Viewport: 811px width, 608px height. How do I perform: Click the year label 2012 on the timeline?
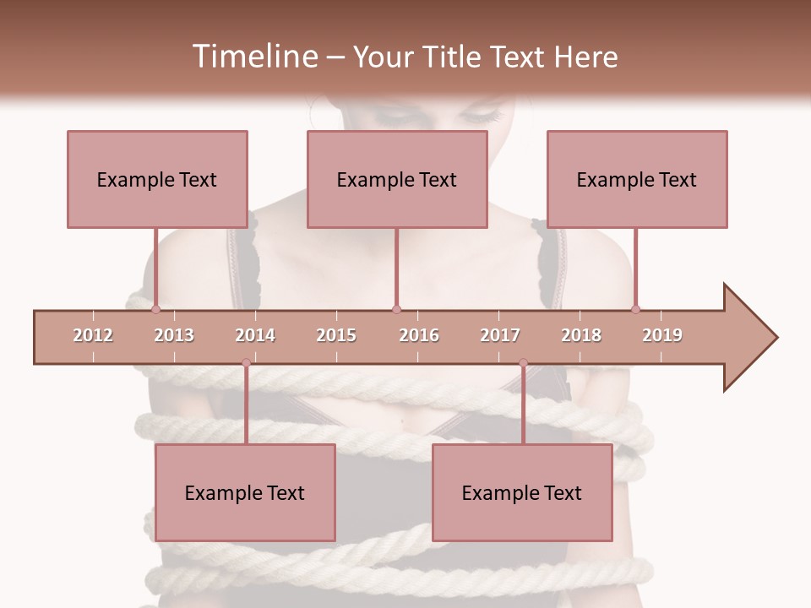click(93, 335)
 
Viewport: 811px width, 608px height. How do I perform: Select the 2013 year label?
click(174, 335)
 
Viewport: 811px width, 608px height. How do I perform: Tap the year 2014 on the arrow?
click(255, 335)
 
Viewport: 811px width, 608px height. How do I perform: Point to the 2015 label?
click(336, 335)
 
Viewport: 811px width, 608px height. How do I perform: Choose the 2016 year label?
click(419, 335)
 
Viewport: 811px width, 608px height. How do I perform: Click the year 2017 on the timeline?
click(500, 335)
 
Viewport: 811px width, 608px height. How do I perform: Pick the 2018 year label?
click(581, 335)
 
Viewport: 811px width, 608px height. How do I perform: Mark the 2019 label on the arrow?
click(662, 335)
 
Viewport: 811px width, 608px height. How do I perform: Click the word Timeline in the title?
click(253, 57)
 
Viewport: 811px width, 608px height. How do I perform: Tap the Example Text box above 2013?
click(157, 179)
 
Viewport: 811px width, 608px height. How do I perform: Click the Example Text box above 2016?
click(397, 179)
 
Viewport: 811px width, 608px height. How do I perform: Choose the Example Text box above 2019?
click(637, 179)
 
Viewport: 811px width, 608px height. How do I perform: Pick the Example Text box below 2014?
click(245, 492)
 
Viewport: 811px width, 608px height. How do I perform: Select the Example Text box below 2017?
click(522, 492)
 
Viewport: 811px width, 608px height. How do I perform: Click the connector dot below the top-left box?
click(156, 309)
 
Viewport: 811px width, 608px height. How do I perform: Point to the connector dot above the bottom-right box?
click(523, 363)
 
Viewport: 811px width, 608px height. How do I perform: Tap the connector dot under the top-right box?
click(636, 309)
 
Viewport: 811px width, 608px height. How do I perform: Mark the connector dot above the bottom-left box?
click(246, 363)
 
